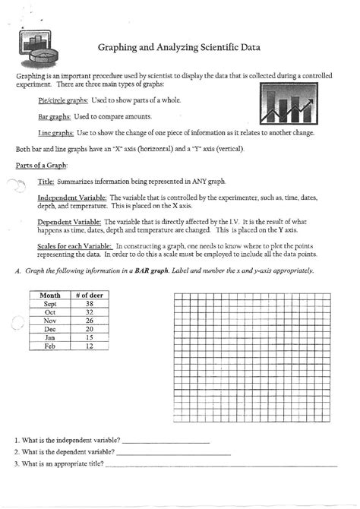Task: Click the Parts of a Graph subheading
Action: pyautogui.click(x=42, y=166)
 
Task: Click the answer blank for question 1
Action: pyautogui.click(x=165, y=441)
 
